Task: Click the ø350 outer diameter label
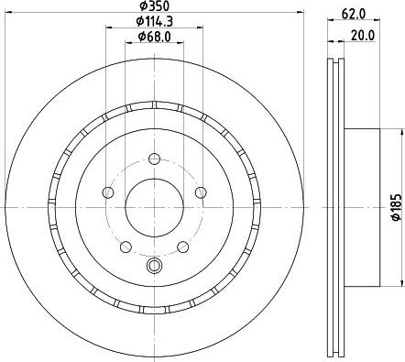pos(152,6)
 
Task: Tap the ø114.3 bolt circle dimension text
pos(152,21)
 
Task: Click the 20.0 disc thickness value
pos(362,37)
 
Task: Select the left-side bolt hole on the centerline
pos(108,192)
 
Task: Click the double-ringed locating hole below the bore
pos(152,267)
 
